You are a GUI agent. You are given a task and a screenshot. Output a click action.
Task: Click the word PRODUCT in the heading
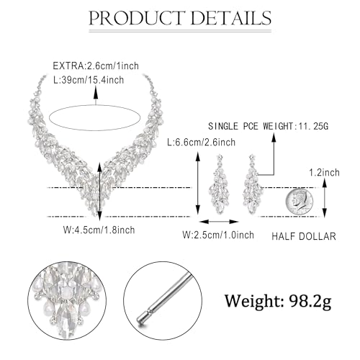(136, 18)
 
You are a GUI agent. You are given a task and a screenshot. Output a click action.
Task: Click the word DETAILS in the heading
(231, 18)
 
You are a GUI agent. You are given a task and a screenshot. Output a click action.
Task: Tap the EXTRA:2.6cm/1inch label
(96, 66)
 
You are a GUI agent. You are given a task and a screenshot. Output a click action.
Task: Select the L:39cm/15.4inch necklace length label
(89, 80)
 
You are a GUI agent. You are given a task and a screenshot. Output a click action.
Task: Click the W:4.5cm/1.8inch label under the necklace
(99, 230)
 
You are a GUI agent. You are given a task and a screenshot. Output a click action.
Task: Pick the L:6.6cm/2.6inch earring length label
(202, 143)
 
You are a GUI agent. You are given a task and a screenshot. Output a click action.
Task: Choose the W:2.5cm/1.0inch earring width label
(218, 235)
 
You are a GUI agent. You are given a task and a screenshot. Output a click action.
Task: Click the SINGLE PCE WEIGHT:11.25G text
(268, 126)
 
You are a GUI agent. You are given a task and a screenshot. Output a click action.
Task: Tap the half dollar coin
(300, 201)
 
